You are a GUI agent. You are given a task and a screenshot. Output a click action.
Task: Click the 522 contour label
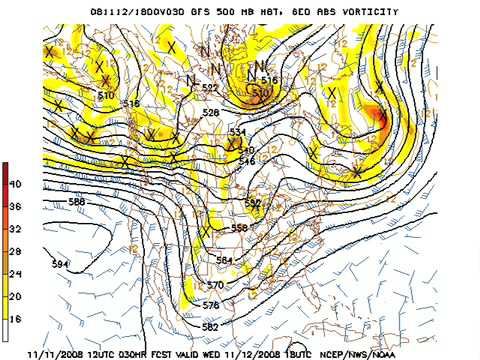tap(209, 88)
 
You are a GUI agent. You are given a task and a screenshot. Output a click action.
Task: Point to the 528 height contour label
tap(210, 113)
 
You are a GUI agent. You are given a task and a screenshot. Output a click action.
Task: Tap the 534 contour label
tap(237, 133)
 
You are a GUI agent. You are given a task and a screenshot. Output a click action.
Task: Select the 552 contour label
tap(252, 203)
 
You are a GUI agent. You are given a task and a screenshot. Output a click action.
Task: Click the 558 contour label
tap(239, 229)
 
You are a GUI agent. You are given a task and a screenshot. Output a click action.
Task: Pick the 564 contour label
tap(225, 259)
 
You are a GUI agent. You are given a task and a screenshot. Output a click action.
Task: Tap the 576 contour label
tap(211, 305)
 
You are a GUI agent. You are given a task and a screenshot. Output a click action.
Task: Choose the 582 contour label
tap(210, 327)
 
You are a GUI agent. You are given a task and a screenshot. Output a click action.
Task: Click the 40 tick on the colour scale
tap(16, 185)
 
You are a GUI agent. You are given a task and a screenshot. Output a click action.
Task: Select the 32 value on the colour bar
tap(16, 228)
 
